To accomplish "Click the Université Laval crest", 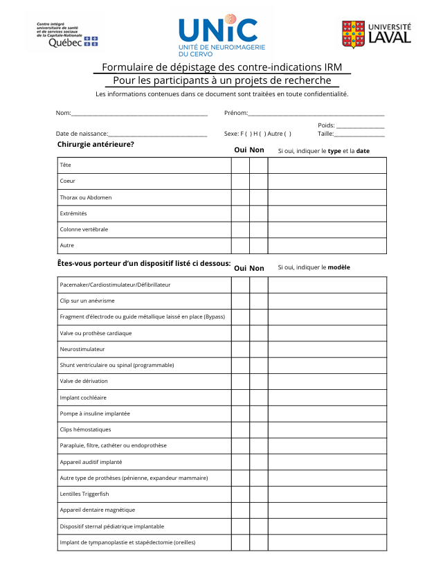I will (353, 33).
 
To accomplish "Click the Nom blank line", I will (139, 113).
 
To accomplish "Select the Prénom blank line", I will (316, 113).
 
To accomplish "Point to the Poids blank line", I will (360, 125).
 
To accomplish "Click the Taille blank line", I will (359, 134).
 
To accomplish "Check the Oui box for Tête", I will (240, 166).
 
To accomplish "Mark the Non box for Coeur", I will (258, 181).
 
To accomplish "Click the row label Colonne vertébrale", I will (84, 229).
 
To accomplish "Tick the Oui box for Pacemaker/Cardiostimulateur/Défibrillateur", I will (240, 285).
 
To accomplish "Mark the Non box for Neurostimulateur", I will (258, 349).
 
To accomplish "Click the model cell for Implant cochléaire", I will (327, 397).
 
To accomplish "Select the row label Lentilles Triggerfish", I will (84, 494).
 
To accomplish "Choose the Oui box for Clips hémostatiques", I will (240, 429).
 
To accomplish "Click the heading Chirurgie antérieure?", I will (96, 144).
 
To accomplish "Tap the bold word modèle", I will (338, 267).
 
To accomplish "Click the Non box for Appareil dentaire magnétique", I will (258, 510).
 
